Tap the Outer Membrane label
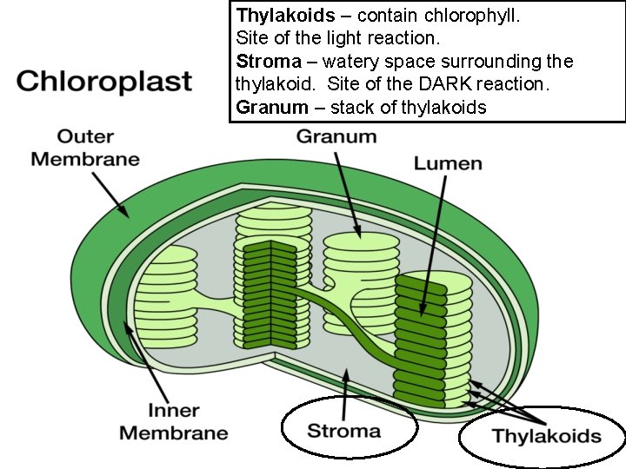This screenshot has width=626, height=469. (85, 148)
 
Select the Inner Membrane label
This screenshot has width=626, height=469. (173, 420)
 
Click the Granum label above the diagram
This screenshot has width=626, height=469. (336, 136)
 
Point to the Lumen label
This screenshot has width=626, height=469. (448, 163)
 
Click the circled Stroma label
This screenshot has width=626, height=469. (344, 431)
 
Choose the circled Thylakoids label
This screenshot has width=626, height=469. (547, 435)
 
